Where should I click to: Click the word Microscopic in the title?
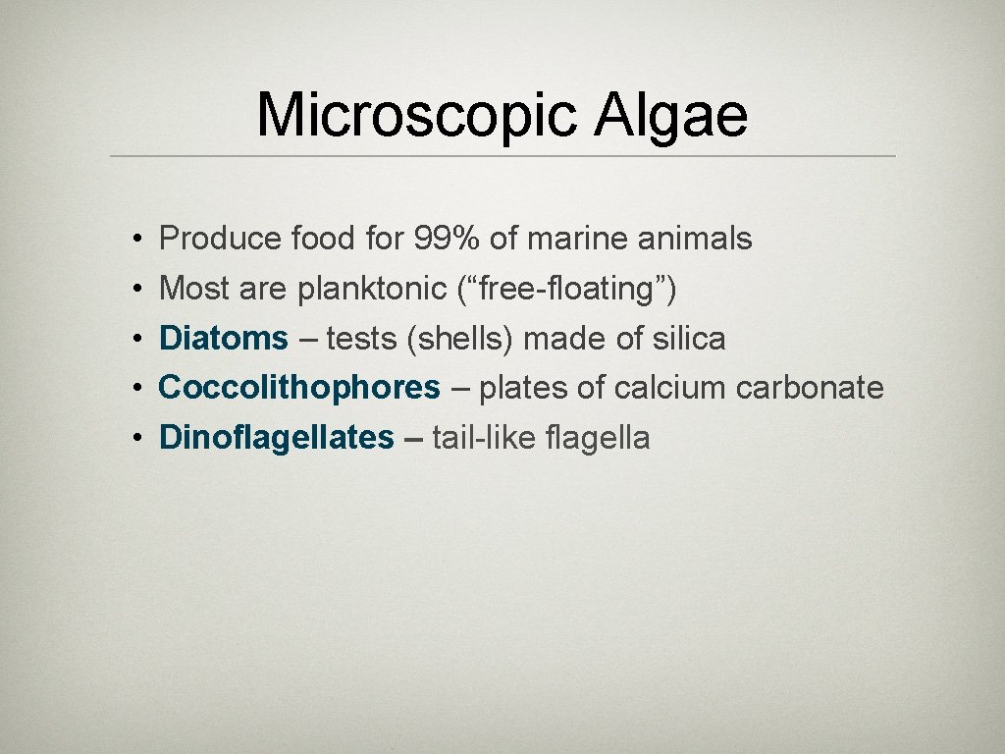point(417,116)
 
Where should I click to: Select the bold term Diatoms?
point(223,339)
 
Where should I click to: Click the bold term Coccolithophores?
point(299,388)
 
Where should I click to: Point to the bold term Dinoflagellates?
point(276,438)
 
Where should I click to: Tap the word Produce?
point(221,239)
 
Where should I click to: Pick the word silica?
point(688,339)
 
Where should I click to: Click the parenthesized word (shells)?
point(460,339)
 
